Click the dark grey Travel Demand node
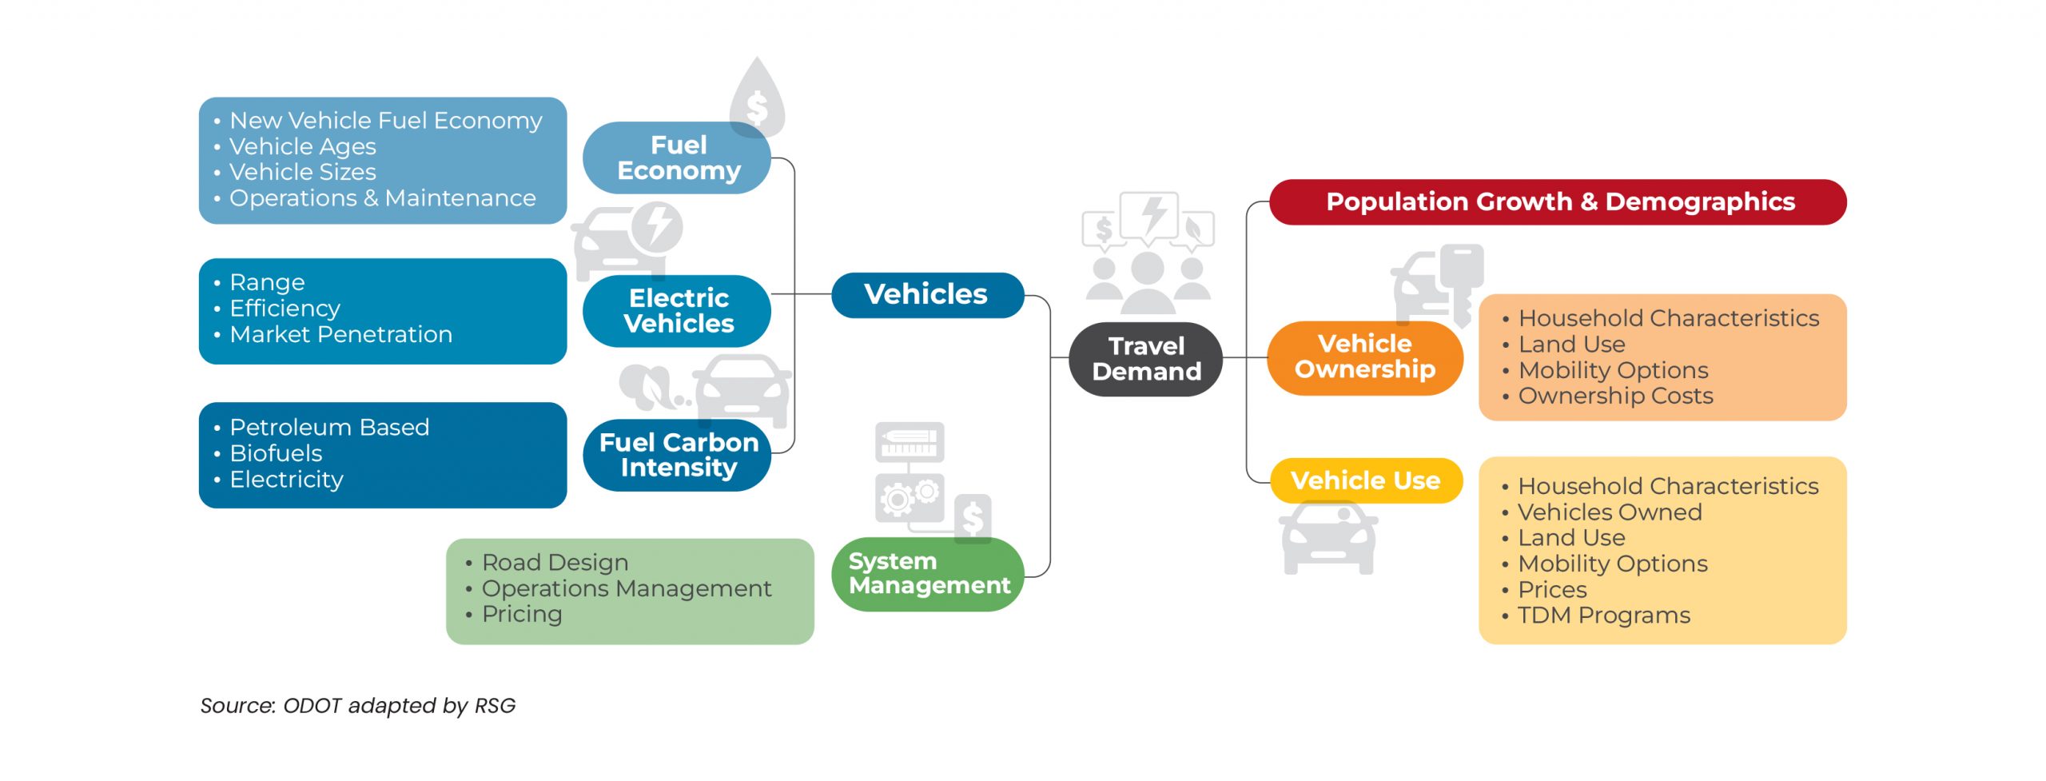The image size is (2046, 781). (x=1145, y=359)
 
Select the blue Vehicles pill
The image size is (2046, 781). (x=926, y=294)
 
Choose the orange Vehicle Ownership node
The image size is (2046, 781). (x=1364, y=357)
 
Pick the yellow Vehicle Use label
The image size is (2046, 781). (x=1365, y=480)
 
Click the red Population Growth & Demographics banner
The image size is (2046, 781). (x=1558, y=201)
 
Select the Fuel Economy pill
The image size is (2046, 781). (x=678, y=157)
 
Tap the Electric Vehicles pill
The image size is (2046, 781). (x=678, y=310)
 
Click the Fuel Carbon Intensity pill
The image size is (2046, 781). (x=678, y=454)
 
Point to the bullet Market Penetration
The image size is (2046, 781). (x=340, y=334)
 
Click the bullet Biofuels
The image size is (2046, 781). (x=276, y=453)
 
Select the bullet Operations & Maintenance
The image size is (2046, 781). (x=382, y=198)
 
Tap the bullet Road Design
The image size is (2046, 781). (x=555, y=562)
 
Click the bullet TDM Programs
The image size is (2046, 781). (x=1603, y=615)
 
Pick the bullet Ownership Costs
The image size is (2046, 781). (x=1615, y=396)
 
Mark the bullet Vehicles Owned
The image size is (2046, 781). (x=1609, y=512)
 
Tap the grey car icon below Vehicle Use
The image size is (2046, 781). (x=1328, y=538)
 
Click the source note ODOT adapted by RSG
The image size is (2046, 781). (x=357, y=705)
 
